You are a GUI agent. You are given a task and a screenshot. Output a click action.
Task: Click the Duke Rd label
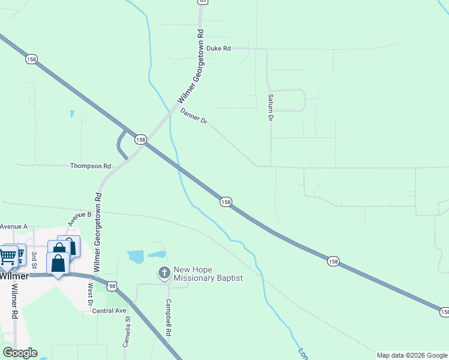pos(218,48)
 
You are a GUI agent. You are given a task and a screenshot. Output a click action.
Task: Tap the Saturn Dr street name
pos(271,107)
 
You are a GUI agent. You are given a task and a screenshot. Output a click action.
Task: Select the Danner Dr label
pos(193,116)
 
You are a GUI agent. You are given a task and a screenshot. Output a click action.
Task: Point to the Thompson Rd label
pos(91,166)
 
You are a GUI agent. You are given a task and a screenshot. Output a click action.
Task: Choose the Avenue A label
pos(14,226)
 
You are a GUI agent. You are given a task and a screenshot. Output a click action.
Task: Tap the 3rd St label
pos(34,258)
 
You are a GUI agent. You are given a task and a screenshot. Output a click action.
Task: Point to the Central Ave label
pos(109,311)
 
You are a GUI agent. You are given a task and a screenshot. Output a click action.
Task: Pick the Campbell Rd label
pos(169,317)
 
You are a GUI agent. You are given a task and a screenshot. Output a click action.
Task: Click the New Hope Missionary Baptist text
pos(208,274)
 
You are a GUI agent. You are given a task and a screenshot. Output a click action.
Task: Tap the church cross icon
pos(163,274)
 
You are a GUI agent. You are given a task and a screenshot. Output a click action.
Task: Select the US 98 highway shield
pos(111,286)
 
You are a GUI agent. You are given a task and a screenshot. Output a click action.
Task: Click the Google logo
pos(20,353)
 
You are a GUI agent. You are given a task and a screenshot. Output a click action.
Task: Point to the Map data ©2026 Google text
pos(412,355)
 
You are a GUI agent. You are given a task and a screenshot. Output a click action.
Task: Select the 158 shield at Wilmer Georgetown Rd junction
pos(140,139)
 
